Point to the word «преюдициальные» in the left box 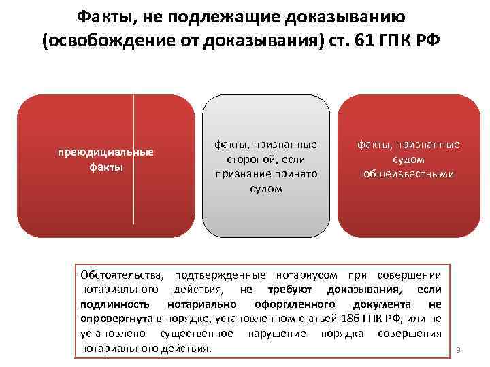(105, 152)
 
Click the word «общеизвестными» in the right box (409, 173)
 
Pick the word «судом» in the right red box (409, 159)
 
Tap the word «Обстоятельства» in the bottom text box (122, 275)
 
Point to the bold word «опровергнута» (116, 319)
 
